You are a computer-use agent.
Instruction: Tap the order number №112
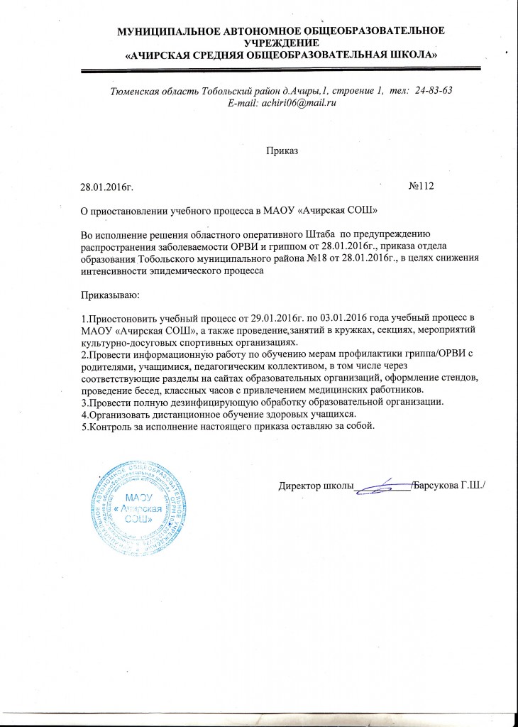coord(421,187)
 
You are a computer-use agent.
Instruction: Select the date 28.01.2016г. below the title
coord(108,187)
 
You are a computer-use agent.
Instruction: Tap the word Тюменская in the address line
coord(136,91)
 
